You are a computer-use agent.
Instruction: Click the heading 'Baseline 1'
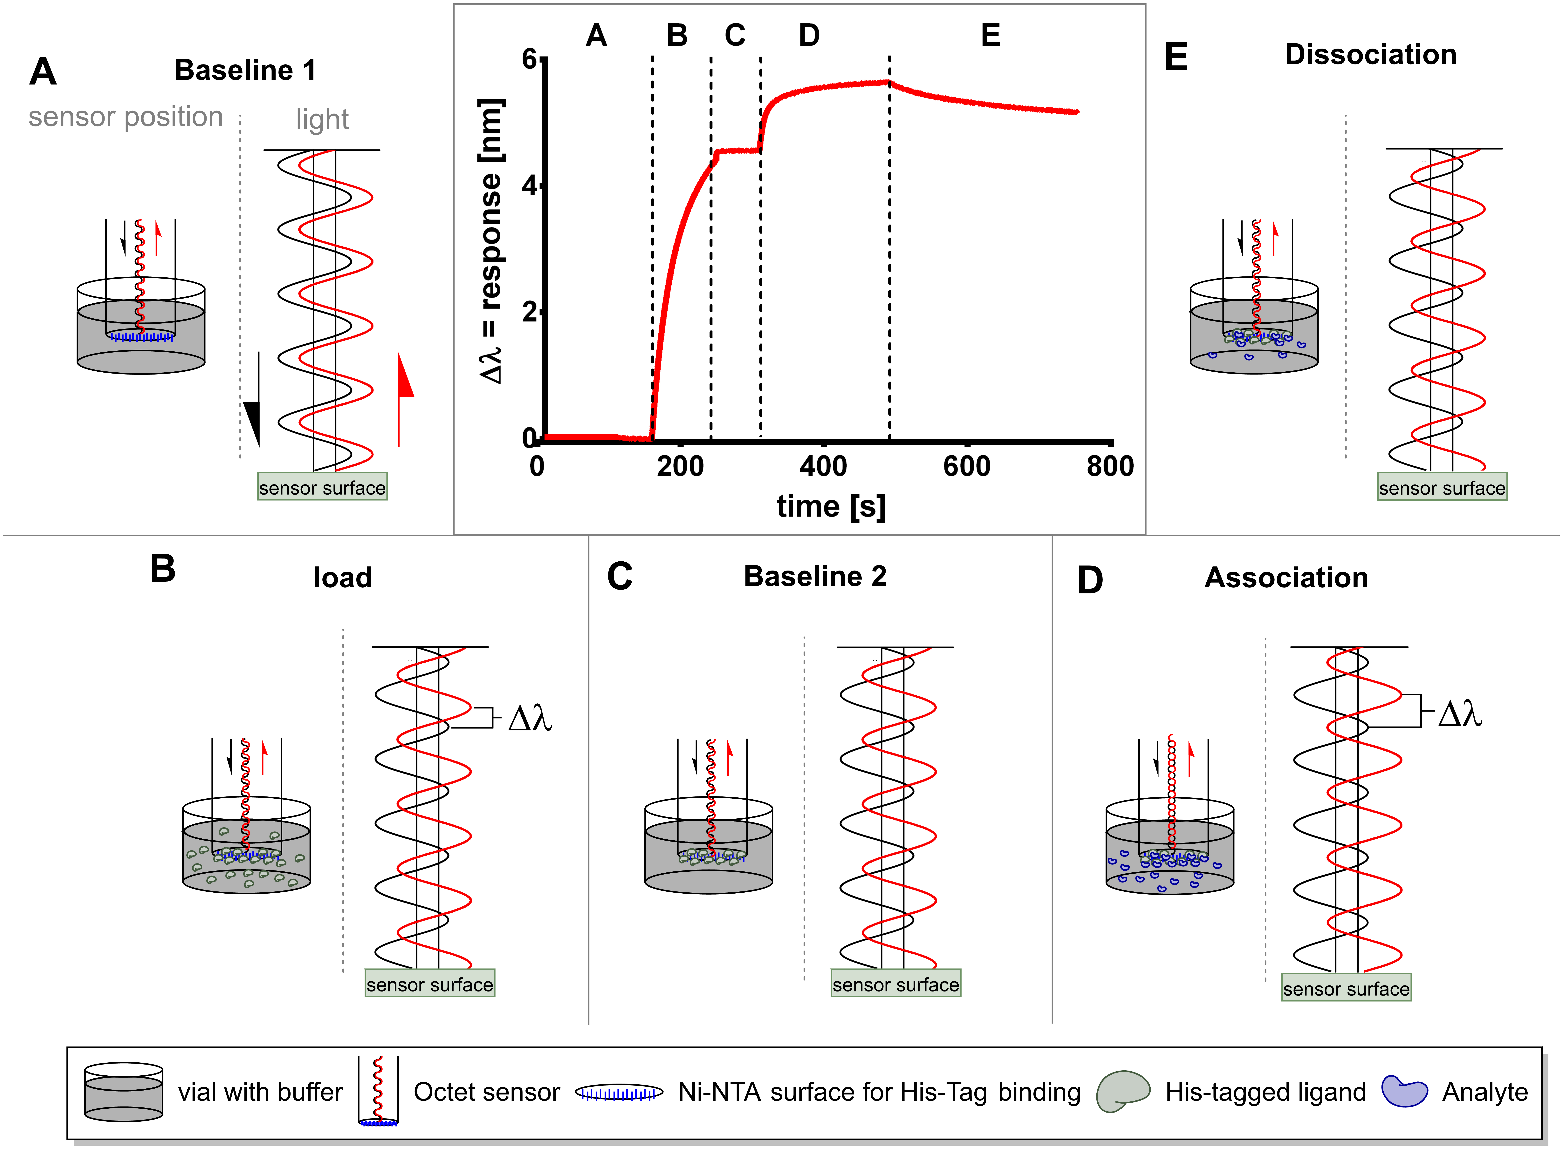click(x=245, y=70)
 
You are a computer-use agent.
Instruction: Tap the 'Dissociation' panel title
click(x=1370, y=54)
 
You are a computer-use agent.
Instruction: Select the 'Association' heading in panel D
click(x=1286, y=578)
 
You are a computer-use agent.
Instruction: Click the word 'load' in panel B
click(x=343, y=578)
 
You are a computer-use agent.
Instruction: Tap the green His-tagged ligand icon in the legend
click(x=1122, y=1091)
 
